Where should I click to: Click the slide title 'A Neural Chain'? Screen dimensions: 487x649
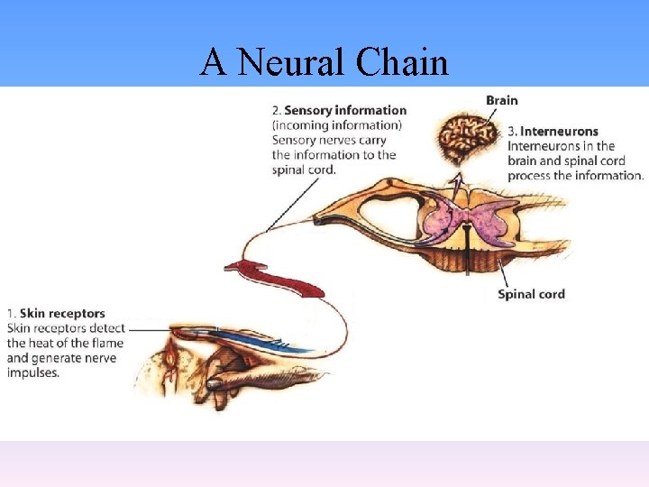pyautogui.click(x=324, y=62)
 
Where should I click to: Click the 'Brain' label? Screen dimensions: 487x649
pyautogui.click(x=502, y=100)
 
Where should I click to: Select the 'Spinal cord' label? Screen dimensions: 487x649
pyautogui.click(x=531, y=294)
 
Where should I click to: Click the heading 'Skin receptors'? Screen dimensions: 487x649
pyautogui.click(x=62, y=314)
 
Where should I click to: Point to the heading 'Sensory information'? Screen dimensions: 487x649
pyautogui.click(x=345, y=111)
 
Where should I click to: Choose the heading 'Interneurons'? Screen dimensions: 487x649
pyautogui.click(x=559, y=132)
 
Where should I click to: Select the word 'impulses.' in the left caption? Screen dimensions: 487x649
pyautogui.click(x=32, y=372)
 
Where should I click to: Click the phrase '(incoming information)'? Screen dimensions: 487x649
pyautogui.click(x=337, y=125)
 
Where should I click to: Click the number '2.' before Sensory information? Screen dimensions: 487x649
pyautogui.click(x=277, y=111)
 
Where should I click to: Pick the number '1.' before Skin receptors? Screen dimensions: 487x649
pyautogui.click(x=11, y=314)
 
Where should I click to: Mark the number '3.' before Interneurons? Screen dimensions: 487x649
pyautogui.click(x=512, y=132)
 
